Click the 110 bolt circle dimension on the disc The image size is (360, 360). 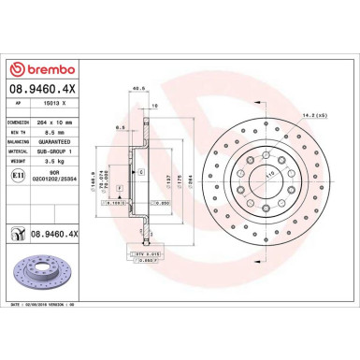click(273, 175)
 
